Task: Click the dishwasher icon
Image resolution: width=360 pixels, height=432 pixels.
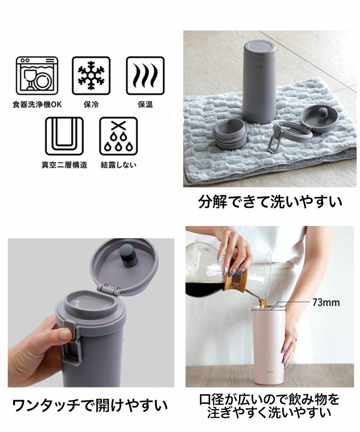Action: [x=37, y=75]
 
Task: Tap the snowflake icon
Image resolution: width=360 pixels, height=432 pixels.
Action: [x=91, y=75]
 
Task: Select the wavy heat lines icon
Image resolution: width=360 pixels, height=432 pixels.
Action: [x=145, y=75]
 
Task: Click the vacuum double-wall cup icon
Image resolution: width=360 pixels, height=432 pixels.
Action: [x=64, y=136]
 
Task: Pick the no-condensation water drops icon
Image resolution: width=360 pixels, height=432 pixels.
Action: [x=119, y=136]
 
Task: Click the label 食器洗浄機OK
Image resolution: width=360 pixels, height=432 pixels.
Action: [x=37, y=105]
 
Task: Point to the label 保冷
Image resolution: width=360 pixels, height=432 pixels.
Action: [x=91, y=105]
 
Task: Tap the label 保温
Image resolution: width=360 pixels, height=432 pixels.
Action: [x=145, y=105]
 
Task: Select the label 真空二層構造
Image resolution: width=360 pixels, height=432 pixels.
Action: [x=64, y=165]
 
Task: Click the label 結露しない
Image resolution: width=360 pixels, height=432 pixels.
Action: [x=119, y=165]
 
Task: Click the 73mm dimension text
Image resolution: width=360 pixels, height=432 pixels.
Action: [x=326, y=302]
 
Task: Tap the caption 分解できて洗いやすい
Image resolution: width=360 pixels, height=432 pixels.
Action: [x=270, y=201]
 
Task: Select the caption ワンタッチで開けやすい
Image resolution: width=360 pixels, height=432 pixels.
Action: [x=90, y=405]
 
